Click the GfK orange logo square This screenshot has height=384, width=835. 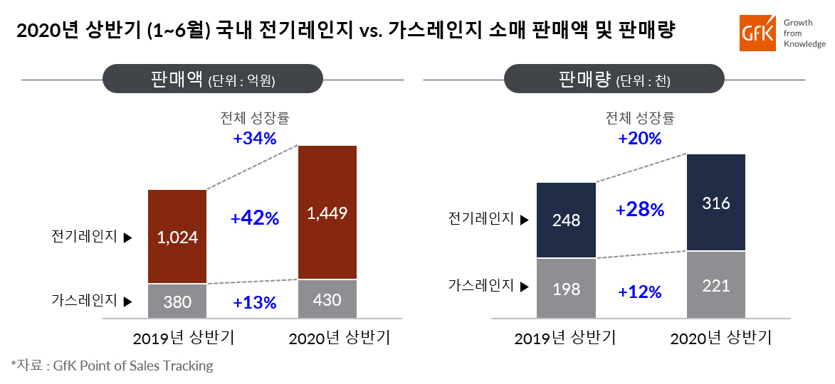(x=757, y=33)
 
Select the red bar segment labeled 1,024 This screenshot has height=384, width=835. (x=177, y=237)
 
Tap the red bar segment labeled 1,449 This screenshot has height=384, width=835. (x=327, y=212)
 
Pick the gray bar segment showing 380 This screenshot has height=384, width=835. (x=177, y=302)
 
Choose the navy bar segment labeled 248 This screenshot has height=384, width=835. (x=566, y=220)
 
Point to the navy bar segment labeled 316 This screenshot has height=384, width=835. (x=715, y=203)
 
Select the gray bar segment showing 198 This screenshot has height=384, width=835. (x=566, y=289)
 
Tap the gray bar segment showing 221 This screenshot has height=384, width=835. (x=715, y=285)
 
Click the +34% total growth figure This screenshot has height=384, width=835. (x=255, y=138)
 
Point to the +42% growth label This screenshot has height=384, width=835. (x=255, y=218)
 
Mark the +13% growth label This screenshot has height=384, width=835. (x=255, y=303)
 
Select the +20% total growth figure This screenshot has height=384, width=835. (x=640, y=138)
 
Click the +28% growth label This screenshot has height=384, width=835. (x=640, y=210)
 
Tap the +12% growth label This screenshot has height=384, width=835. (x=640, y=292)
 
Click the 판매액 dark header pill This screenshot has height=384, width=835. (x=213, y=79)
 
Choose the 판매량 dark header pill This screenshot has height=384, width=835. (x=614, y=79)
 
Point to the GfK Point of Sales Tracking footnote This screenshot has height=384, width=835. (x=112, y=366)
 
